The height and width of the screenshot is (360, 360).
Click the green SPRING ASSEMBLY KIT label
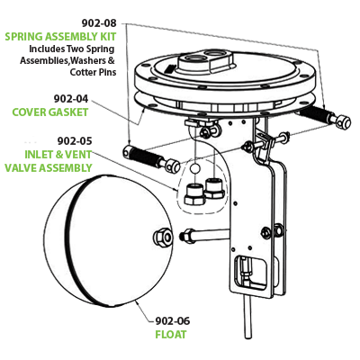click(x=59, y=38)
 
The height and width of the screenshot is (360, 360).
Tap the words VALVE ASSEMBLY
click(x=48, y=166)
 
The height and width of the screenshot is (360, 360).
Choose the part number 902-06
click(x=173, y=319)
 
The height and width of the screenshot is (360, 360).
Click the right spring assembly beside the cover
click(x=321, y=117)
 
